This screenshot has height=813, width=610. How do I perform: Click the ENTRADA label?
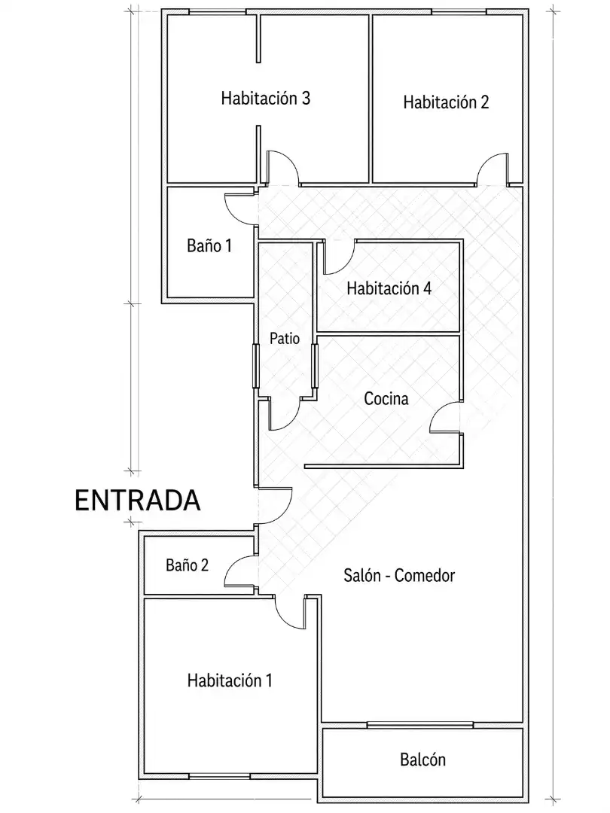click(138, 501)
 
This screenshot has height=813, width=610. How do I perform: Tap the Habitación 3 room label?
click(266, 98)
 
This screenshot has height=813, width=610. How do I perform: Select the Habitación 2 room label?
click(446, 102)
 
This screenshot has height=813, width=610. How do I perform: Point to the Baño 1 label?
click(209, 245)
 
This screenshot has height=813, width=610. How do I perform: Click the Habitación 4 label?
click(389, 288)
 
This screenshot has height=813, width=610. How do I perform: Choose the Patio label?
click(285, 339)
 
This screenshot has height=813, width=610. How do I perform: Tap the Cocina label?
click(386, 399)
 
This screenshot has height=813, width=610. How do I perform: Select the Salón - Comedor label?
click(399, 576)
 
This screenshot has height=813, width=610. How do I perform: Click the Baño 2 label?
click(187, 565)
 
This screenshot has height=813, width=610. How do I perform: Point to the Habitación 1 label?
click(230, 681)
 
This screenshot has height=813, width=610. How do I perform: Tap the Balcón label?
click(422, 760)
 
